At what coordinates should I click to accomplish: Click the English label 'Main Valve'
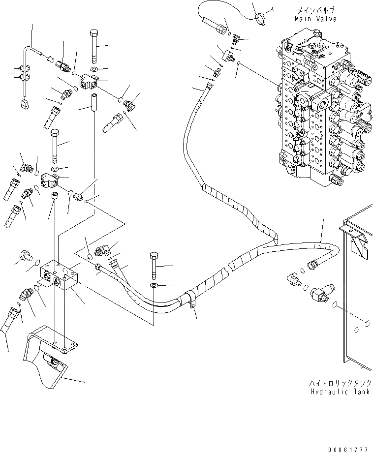316,19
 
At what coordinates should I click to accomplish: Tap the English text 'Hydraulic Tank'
341,392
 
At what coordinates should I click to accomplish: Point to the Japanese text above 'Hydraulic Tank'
341,383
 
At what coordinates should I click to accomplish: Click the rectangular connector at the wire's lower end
22,104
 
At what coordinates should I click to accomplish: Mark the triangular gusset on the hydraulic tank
361,244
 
